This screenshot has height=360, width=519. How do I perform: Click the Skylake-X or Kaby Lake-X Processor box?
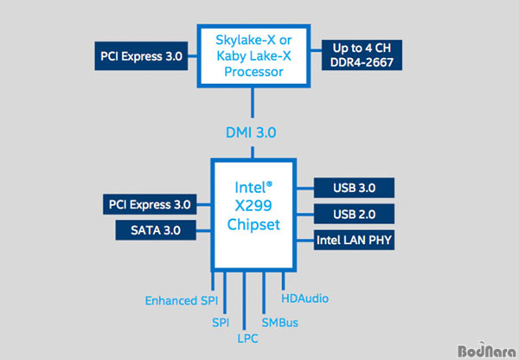tap(253, 55)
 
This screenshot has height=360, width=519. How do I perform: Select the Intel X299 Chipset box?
tap(254, 212)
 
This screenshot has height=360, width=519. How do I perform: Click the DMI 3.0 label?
tap(253, 132)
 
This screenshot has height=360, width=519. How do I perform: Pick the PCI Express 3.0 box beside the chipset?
tap(149, 205)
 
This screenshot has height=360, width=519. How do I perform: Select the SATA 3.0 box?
tap(155, 231)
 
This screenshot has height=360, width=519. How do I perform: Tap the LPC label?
tap(245, 338)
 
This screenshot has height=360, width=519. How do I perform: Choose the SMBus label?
tap(279, 320)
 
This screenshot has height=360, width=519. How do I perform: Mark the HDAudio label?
tap(305, 299)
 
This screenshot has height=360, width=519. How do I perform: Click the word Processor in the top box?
tap(253, 71)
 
